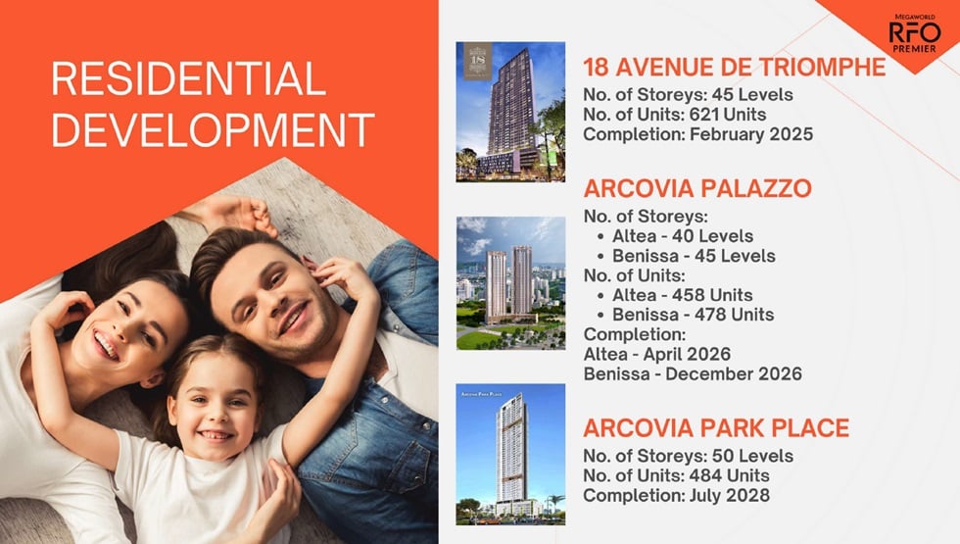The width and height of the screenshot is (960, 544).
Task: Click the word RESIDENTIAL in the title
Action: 188,78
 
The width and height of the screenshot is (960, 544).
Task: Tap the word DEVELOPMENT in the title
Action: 214,129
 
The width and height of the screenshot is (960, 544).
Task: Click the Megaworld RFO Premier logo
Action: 915,33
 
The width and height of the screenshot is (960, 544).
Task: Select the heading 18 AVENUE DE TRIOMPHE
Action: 734,68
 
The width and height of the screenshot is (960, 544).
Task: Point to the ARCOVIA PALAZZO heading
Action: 697,188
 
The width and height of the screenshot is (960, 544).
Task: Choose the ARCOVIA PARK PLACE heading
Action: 716,427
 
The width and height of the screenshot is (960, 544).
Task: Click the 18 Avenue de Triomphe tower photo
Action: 510,112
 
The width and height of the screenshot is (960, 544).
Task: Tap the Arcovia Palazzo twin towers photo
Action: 510,283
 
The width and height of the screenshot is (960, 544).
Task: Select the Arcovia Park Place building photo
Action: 510,454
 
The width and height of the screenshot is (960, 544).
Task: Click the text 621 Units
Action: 727,115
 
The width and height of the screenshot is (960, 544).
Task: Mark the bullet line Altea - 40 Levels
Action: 683,236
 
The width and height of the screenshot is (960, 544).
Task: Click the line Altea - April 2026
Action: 657,354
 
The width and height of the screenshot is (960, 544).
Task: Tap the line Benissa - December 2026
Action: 693,373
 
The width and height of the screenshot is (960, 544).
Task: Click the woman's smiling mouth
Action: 107,344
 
